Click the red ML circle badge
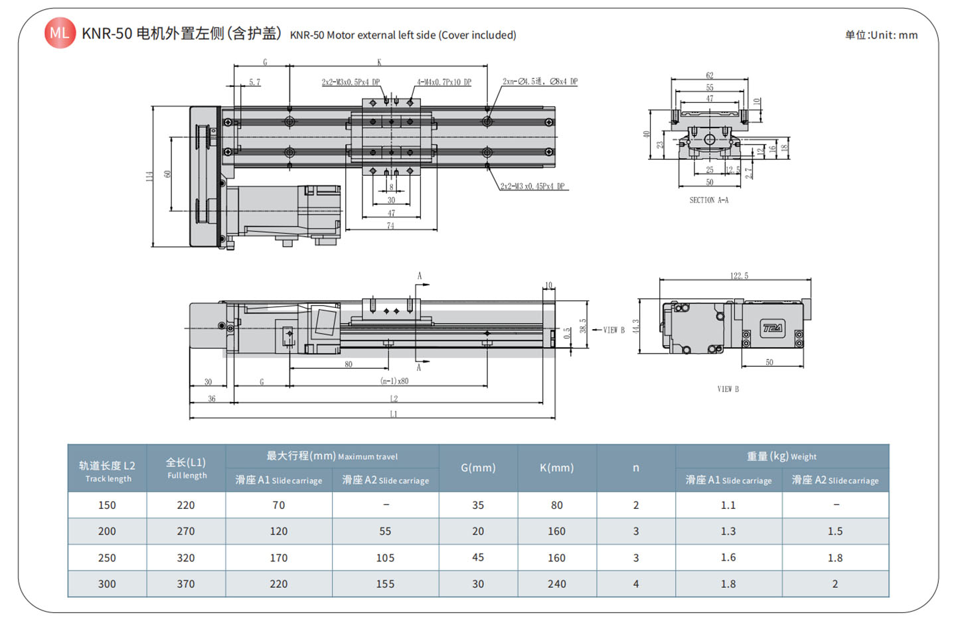click(x=60, y=33)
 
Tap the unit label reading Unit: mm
click(x=881, y=35)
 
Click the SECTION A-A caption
click(x=708, y=200)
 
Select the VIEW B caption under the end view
click(x=728, y=389)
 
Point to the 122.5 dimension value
click(x=739, y=275)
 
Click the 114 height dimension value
click(x=150, y=176)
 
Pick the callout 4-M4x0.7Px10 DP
click(x=443, y=82)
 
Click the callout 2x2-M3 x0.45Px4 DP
click(x=532, y=186)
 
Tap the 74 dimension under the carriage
click(x=390, y=226)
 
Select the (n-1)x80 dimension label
click(x=394, y=381)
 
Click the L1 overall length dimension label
click(x=393, y=414)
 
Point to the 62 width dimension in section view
click(x=710, y=76)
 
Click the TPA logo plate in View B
click(x=772, y=328)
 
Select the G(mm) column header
click(x=478, y=468)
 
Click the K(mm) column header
click(x=556, y=468)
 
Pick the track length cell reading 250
click(x=107, y=558)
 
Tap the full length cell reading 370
click(x=186, y=584)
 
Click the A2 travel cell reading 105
click(x=385, y=558)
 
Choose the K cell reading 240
click(x=556, y=584)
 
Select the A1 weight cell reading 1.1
click(x=728, y=505)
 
